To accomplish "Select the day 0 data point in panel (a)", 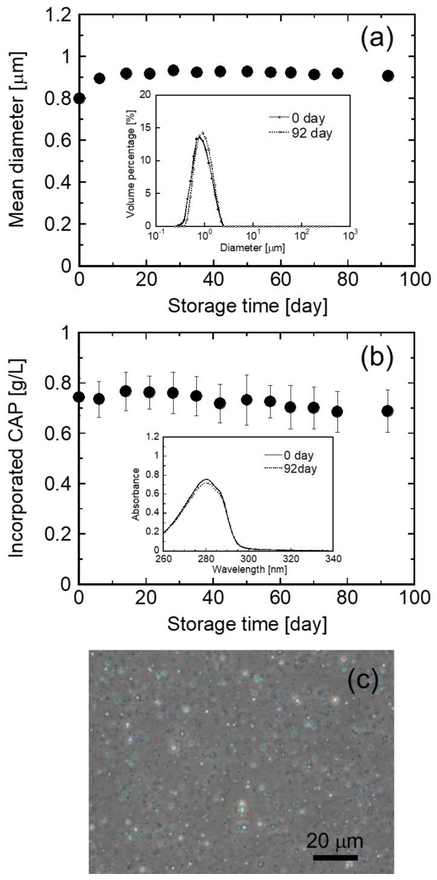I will (x=79, y=98).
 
